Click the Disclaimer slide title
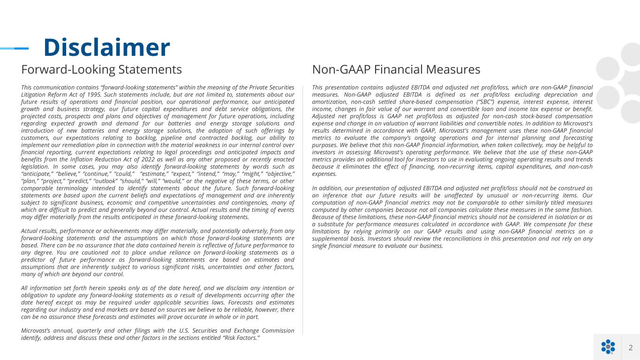coord(106,47)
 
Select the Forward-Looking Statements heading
coord(101,70)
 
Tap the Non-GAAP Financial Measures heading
coord(396,70)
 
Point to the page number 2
coord(631,347)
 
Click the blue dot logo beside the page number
coord(608,347)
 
